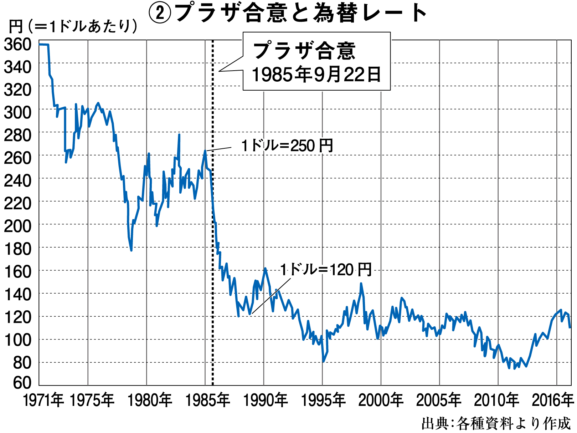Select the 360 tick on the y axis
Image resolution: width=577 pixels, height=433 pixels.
(x=17, y=44)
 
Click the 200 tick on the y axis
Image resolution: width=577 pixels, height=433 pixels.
(x=17, y=226)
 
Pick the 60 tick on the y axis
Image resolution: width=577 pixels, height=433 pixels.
(x=22, y=383)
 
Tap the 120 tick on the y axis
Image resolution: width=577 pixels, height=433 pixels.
(x=17, y=317)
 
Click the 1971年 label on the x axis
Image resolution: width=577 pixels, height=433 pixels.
(x=43, y=400)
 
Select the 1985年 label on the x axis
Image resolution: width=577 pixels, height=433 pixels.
(x=208, y=400)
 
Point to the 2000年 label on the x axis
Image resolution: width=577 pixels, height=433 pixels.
(x=381, y=400)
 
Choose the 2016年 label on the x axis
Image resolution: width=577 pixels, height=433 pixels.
(x=553, y=400)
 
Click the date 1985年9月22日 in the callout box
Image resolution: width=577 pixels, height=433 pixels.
(x=316, y=75)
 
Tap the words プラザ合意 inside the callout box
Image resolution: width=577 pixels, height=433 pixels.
(x=304, y=51)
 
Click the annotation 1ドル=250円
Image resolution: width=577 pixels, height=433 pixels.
(x=287, y=146)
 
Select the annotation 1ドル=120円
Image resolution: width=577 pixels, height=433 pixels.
(x=326, y=270)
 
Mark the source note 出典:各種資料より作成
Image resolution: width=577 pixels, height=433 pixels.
(x=496, y=423)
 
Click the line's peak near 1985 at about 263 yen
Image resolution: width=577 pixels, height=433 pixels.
(x=205, y=151)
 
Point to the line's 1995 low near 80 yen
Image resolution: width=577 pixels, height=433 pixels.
(x=323, y=361)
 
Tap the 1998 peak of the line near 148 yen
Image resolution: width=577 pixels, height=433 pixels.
(x=361, y=284)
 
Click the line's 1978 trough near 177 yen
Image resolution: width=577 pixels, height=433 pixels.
(x=131, y=250)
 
